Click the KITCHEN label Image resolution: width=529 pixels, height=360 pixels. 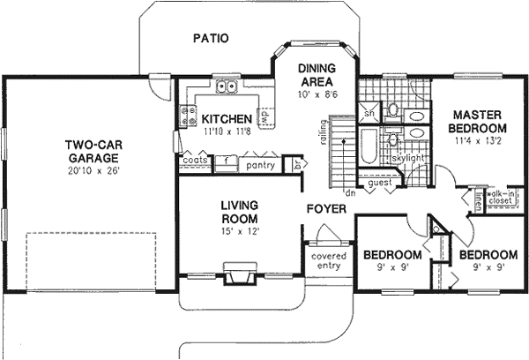tap(227, 119)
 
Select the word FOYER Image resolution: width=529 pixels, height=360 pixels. tap(325, 210)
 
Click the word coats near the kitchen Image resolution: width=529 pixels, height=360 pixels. tap(194, 160)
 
